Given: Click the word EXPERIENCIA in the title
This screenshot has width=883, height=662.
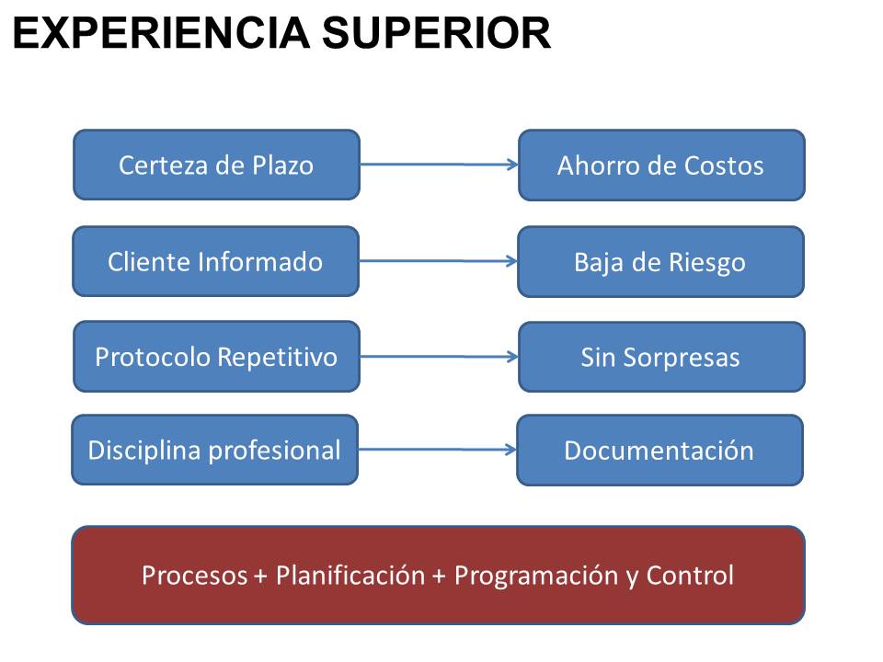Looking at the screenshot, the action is (x=161, y=33).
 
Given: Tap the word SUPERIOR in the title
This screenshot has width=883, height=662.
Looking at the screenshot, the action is (x=436, y=33).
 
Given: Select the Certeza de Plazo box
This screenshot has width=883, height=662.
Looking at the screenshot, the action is (x=216, y=165).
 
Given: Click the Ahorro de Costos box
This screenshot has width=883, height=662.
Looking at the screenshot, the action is (x=661, y=165).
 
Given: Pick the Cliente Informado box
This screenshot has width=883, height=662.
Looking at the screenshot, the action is (x=215, y=261).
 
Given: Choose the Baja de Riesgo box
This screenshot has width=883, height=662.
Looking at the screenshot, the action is (x=660, y=262).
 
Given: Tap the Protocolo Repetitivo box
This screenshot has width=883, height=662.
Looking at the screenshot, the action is (x=216, y=357).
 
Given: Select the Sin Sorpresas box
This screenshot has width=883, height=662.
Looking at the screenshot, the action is (x=661, y=357).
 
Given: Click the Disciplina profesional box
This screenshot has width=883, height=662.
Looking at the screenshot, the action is (x=214, y=450).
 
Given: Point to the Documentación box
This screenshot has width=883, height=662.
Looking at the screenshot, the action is (x=659, y=451).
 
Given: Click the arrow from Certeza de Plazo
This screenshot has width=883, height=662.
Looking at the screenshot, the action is (x=440, y=165).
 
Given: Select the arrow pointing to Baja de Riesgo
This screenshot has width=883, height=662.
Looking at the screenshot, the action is (x=438, y=260).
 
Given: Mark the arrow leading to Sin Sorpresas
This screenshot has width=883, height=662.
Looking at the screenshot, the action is (x=440, y=357).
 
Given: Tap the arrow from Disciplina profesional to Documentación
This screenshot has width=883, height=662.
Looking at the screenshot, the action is (x=438, y=450).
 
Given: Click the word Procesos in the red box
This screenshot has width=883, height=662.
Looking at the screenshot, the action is (x=194, y=576).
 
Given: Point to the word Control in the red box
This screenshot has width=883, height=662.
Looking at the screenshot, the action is (x=690, y=576).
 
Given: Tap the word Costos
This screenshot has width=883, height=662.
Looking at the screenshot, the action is (x=724, y=165).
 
